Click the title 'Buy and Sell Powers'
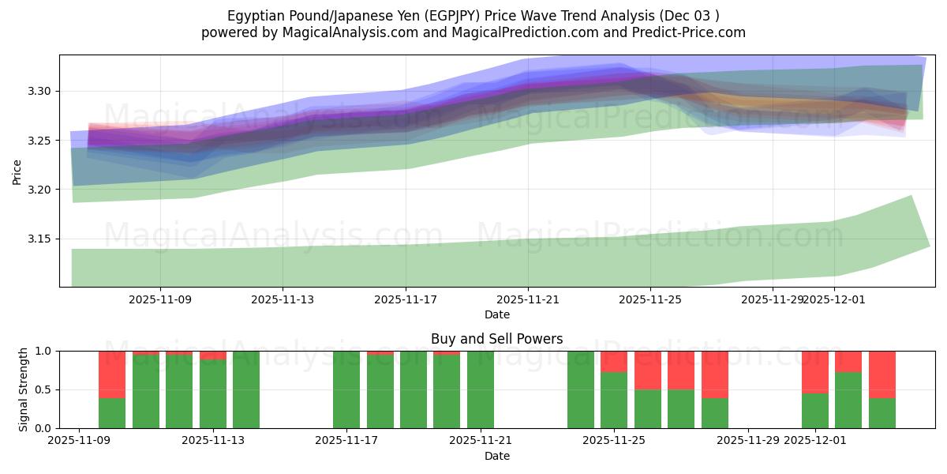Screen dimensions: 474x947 click(x=496, y=339)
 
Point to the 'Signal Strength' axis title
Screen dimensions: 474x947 click(x=23, y=389)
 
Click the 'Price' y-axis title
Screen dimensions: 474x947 click(x=17, y=171)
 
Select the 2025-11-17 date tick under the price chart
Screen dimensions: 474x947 click(x=406, y=299)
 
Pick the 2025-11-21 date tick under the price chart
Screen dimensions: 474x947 click(x=528, y=299)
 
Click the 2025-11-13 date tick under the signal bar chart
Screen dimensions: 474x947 click(x=213, y=441)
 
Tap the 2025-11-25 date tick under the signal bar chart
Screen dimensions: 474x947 click(x=613, y=441)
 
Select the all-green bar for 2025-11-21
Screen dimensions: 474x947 click(x=481, y=389)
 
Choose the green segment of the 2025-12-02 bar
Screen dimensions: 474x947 click(x=848, y=400)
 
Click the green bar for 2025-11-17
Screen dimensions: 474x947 click(x=346, y=389)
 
